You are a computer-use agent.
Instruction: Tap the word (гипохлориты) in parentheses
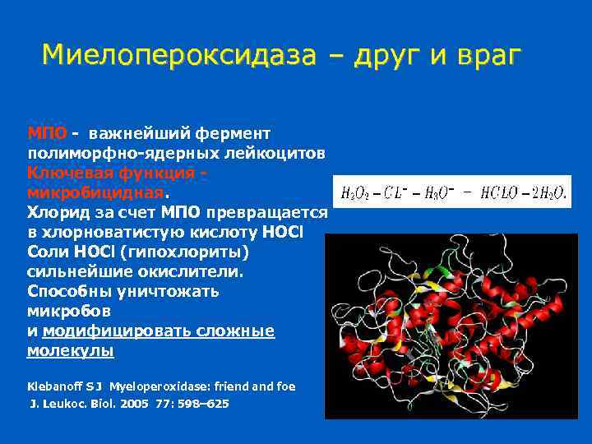pyautogui.click(x=187, y=252)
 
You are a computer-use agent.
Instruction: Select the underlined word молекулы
pyautogui.click(x=71, y=351)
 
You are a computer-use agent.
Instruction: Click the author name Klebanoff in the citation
pyautogui.click(x=55, y=385)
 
